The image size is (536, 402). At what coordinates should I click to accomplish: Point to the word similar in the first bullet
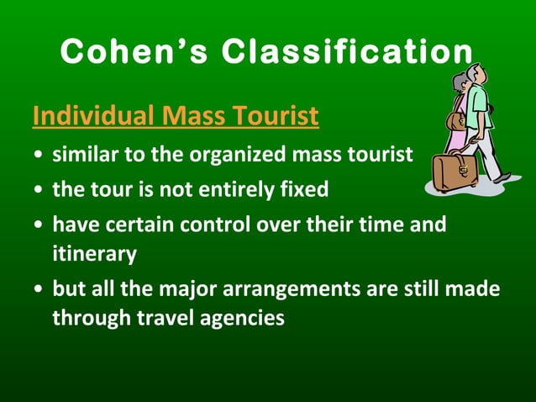(82, 156)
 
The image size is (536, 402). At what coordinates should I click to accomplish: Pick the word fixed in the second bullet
(302, 189)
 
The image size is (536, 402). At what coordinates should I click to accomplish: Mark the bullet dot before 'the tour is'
(39, 191)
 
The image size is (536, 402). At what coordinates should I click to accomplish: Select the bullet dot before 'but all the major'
(39, 289)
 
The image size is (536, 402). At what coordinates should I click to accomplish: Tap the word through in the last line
(91, 318)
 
